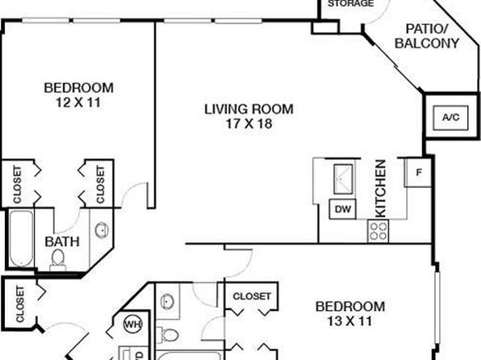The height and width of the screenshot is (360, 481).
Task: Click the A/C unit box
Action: pyautogui.click(x=450, y=118)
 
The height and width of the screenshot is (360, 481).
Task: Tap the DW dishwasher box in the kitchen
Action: pyautogui.click(x=343, y=209)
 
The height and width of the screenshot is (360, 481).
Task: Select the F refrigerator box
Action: pyautogui.click(x=418, y=173)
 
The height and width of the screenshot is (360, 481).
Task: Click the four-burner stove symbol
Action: pyautogui.click(x=378, y=232)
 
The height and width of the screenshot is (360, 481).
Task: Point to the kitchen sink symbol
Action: pyautogui.click(x=343, y=179)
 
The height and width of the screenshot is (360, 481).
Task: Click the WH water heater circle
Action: pyautogui.click(x=133, y=324)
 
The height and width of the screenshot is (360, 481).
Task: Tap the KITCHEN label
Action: pyautogui.click(x=380, y=188)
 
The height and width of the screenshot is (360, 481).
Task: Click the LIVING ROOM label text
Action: pyautogui.click(x=249, y=109)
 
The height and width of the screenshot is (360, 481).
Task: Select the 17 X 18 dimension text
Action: pyautogui.click(x=249, y=123)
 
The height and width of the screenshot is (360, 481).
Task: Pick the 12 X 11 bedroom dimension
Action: pyautogui.click(x=78, y=103)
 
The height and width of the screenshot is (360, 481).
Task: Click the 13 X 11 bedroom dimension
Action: pyautogui.click(x=349, y=321)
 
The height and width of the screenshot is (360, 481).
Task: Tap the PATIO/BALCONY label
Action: pyautogui.click(x=427, y=36)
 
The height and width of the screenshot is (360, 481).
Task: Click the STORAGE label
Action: pyautogui.click(x=351, y=4)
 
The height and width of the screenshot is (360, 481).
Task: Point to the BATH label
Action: pyautogui.click(x=62, y=242)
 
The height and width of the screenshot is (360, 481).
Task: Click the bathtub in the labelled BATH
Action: pyautogui.click(x=21, y=238)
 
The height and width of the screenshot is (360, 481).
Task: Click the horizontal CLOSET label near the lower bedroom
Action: pyautogui.click(x=252, y=296)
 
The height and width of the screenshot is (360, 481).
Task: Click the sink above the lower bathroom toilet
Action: pyautogui.click(x=166, y=302)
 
